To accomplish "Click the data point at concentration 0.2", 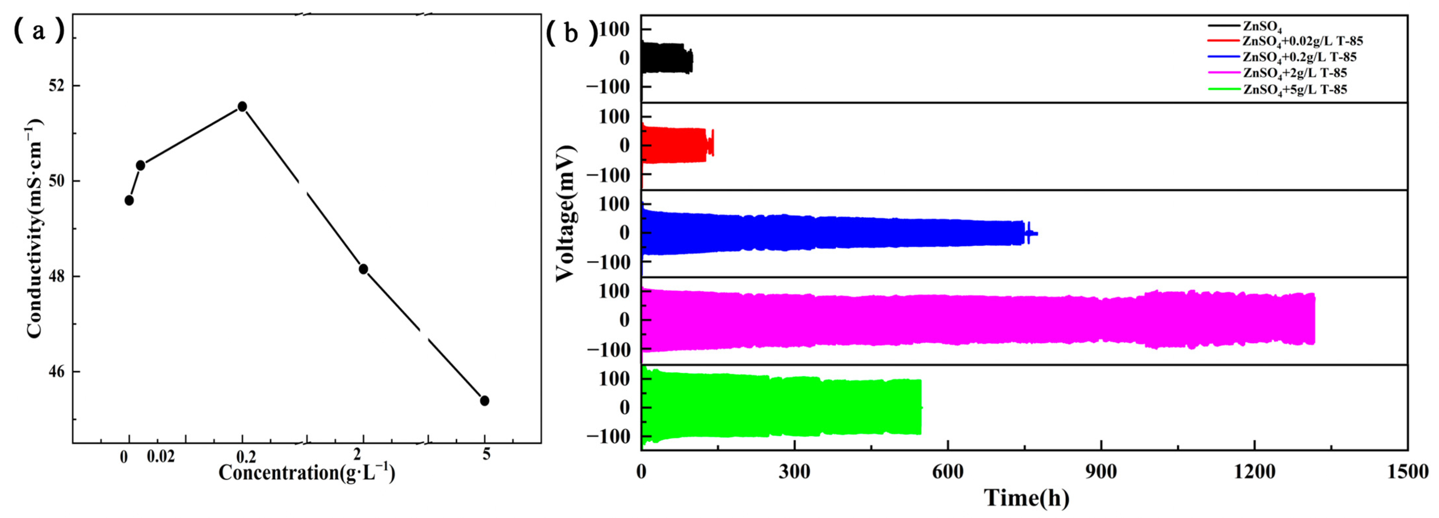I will pos(242,107).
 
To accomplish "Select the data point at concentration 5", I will pos(484,401).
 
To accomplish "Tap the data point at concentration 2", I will pos(363,269).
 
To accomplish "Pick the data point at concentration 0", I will pos(129,200).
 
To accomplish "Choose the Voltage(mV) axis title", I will pos(565,213).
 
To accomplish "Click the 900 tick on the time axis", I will pos(1101,472).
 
